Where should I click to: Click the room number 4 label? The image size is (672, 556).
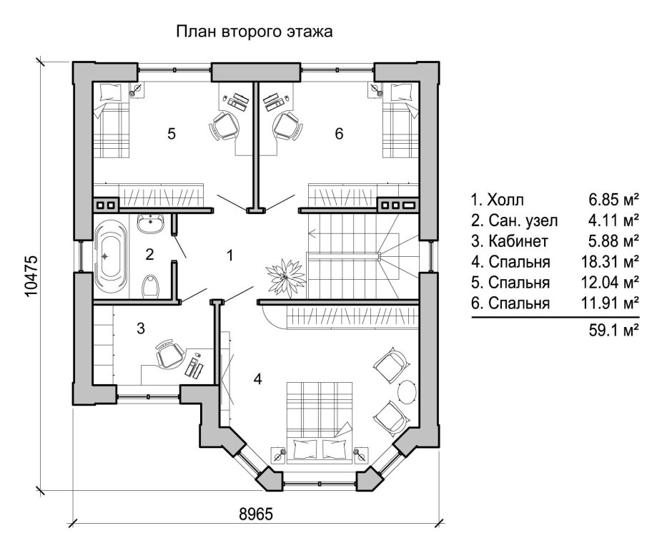pyautogui.click(x=257, y=379)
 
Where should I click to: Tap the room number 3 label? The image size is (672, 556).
pyautogui.click(x=141, y=328)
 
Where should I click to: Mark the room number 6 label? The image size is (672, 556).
pyautogui.click(x=339, y=133)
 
